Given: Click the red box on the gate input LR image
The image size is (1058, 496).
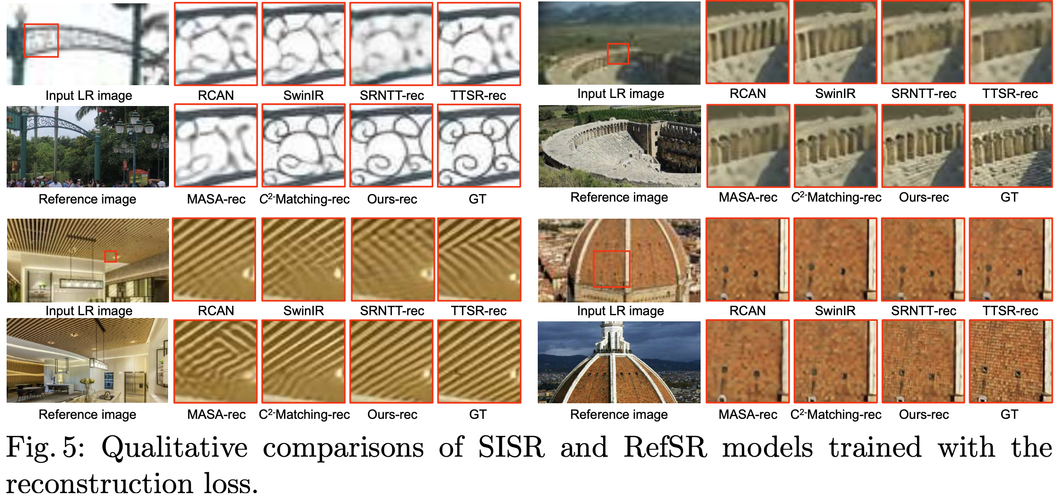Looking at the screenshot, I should coord(41,41).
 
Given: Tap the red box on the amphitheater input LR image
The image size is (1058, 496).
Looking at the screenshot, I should coord(618,54).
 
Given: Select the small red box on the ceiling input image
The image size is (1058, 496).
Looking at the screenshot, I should coord(110,256).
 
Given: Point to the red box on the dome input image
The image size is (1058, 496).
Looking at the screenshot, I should coord(611,269).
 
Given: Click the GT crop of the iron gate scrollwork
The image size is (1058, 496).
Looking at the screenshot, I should coord(479,146).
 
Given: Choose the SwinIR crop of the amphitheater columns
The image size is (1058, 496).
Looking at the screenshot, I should coord(835,43).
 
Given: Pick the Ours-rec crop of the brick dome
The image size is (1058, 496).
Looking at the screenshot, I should coord(923,362).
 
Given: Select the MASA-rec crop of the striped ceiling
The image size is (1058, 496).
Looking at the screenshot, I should coord(215,362).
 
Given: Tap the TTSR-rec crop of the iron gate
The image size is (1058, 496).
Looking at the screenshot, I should coord(479,44).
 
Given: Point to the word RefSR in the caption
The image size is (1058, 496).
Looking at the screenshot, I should coord(665,447).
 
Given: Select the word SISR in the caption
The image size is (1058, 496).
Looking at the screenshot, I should coord(511,447).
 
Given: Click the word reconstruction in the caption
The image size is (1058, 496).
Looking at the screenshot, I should coord(99,484).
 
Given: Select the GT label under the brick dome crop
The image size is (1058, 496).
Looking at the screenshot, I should coord(1009,415).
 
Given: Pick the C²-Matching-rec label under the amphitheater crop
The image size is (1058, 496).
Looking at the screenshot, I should coord(836,197).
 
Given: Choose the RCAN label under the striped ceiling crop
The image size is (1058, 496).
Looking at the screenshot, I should coord(216,311).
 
